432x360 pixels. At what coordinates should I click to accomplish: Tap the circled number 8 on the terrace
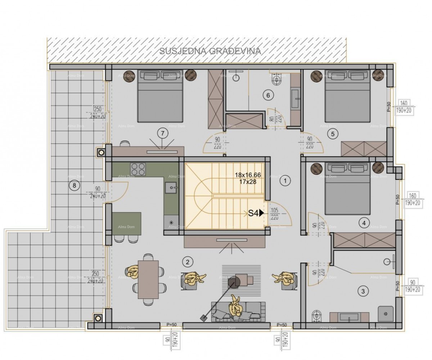click(x=74, y=186)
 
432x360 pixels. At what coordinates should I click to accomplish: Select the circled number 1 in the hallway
click(x=285, y=181)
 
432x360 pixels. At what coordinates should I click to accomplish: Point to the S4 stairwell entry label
click(x=256, y=213)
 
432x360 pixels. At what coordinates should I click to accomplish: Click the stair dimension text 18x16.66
click(x=248, y=175)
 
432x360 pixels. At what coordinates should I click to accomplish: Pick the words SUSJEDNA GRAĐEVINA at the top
click(x=210, y=51)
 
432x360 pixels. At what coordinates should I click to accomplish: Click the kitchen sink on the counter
click(x=171, y=186)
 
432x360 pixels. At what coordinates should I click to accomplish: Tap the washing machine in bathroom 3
click(x=386, y=314)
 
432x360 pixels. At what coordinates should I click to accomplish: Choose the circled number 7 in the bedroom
click(x=163, y=134)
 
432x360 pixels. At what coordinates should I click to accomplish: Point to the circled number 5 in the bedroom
click(x=332, y=134)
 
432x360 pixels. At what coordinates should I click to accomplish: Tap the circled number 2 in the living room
click(x=187, y=262)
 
